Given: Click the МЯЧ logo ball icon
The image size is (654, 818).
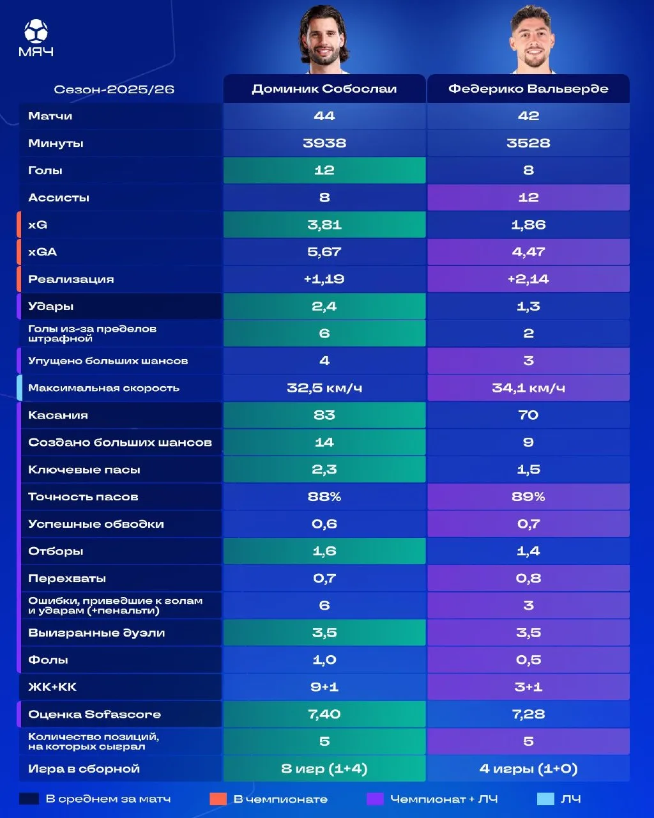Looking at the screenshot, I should pyautogui.click(x=36, y=31).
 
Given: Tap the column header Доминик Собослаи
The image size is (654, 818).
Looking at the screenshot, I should pyautogui.click(x=324, y=89).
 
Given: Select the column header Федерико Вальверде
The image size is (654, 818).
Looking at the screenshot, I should pyautogui.click(x=528, y=89).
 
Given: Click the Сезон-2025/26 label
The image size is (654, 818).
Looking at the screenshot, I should pyautogui.click(x=114, y=89).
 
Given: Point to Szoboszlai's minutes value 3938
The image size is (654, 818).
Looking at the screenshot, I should pyautogui.click(x=324, y=143).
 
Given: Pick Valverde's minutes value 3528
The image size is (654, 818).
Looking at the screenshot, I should pyautogui.click(x=528, y=143).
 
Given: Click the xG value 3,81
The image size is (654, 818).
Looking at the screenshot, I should pyautogui.click(x=324, y=225).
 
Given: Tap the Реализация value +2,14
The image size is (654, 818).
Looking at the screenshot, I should pyautogui.click(x=528, y=279).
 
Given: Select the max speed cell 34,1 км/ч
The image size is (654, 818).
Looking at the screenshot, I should pyautogui.click(x=528, y=388).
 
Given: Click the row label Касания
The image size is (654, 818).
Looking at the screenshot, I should pyautogui.click(x=58, y=415).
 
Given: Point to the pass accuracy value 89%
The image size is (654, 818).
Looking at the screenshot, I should pyautogui.click(x=528, y=497).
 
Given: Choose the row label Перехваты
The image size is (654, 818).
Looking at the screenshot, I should pyautogui.click(x=67, y=578).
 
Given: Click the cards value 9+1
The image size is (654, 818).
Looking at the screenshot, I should pyautogui.click(x=324, y=687).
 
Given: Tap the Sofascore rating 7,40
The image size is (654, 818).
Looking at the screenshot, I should pyautogui.click(x=324, y=714).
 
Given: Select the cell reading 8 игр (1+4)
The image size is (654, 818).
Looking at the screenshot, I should pyautogui.click(x=324, y=769).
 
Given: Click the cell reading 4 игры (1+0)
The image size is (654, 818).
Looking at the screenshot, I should pyautogui.click(x=528, y=769).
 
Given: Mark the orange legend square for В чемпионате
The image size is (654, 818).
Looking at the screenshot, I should pyautogui.click(x=218, y=799).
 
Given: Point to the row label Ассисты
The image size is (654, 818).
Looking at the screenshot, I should pyautogui.click(x=58, y=198).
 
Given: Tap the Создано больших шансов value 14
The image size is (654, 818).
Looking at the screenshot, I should pyautogui.click(x=324, y=442).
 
